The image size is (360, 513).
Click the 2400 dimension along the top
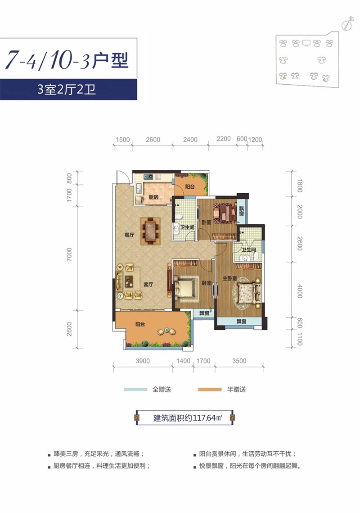[x=190, y=140]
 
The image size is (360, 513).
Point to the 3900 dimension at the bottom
[x=143, y=360]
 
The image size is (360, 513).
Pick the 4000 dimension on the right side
[x=300, y=290]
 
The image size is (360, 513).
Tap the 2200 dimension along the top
[x=223, y=140]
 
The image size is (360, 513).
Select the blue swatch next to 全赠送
[x=135, y=389]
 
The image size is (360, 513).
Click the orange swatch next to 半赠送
[x=209, y=389]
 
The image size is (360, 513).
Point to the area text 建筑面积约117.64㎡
[x=185, y=418]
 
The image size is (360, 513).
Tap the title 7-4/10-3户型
[x=67, y=60]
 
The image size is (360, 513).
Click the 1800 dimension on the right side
[x=300, y=186]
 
